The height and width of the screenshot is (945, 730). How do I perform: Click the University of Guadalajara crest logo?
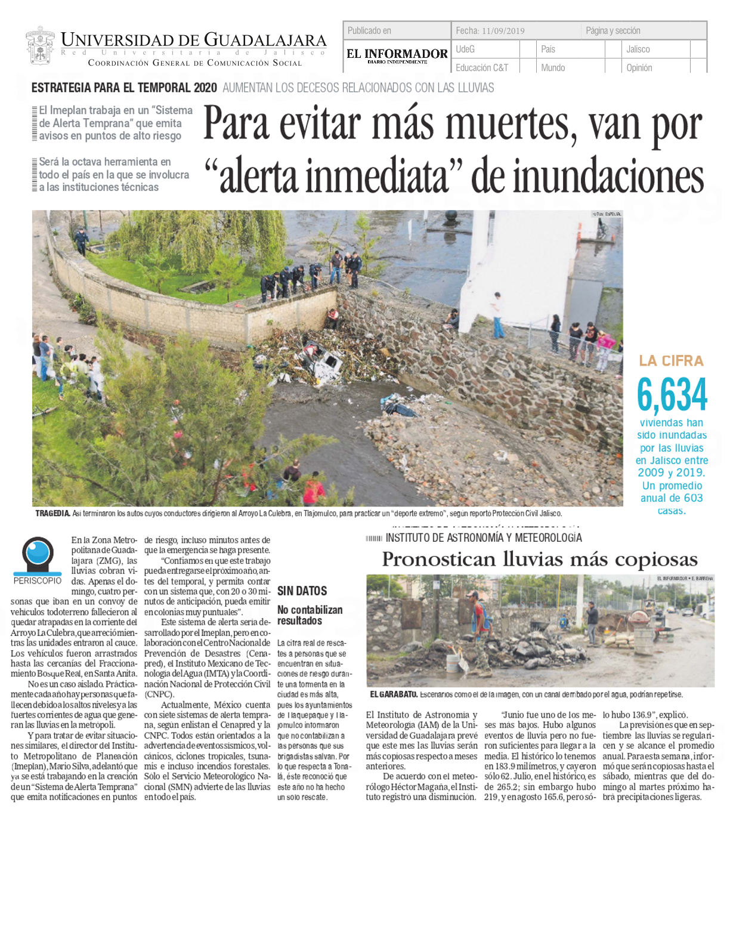coord(40,45)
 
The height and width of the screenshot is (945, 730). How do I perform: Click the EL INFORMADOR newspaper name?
coord(397,54)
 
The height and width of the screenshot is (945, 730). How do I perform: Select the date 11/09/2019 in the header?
coord(503,31)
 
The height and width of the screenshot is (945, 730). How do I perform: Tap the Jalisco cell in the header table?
coord(638,50)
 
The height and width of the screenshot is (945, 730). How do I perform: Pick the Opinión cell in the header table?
coord(639,68)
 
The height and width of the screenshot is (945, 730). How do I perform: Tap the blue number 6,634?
coord(672,395)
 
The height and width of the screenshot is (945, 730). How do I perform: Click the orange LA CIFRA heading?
coord(671,361)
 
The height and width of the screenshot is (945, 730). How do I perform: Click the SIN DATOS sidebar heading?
coord(302,591)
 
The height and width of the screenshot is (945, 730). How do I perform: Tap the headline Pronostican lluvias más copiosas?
coord(539,560)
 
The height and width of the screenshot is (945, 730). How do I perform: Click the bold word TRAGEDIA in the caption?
coord(52,513)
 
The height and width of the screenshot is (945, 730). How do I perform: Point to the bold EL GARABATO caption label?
coord(393,694)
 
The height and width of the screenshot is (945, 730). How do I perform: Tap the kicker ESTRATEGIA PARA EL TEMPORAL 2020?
coord(124,88)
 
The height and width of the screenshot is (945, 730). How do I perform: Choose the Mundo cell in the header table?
coord(553,68)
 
